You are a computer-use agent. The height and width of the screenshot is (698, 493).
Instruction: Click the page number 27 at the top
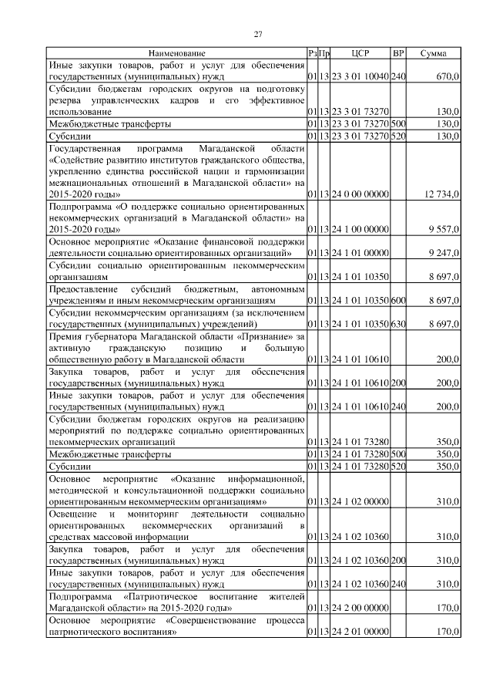tap(259, 33)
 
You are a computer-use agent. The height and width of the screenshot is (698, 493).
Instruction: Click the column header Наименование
tap(177, 53)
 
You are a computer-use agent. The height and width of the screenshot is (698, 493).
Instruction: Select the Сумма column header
tap(435, 53)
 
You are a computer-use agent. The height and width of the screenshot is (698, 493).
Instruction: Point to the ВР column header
tap(398, 53)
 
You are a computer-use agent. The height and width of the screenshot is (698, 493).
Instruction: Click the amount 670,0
tap(447, 77)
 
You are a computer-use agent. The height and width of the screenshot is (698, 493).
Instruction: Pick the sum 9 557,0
tap(444, 230)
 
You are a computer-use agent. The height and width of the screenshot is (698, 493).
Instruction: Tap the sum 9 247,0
tap(444, 252)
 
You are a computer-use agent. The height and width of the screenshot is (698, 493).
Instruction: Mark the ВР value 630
tap(398, 325)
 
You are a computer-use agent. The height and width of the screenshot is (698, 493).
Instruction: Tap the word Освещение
tap(74, 514)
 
